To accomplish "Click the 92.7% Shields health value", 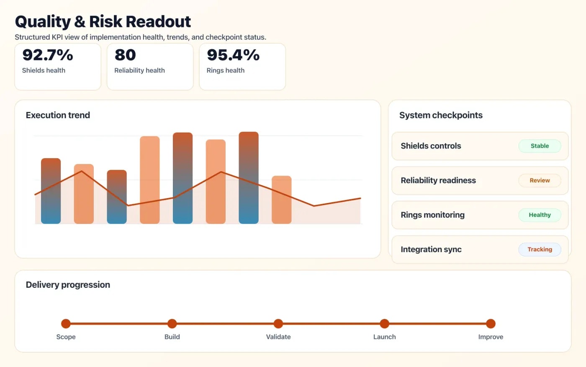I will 48,55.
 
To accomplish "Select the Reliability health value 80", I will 125,55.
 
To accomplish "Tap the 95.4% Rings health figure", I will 233,55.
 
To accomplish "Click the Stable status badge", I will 540,146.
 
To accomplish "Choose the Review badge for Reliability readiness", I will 540,180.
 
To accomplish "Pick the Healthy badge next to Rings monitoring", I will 540,215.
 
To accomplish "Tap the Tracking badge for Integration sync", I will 540,249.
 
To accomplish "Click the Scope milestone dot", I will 66,323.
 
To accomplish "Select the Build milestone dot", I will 172,323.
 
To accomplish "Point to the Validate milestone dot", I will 278,323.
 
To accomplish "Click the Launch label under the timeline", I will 384,337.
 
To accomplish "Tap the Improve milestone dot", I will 491,323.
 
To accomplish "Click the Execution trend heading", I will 58,115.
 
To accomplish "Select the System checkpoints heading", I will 441,115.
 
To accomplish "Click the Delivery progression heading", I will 68,285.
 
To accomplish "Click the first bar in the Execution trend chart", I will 51,191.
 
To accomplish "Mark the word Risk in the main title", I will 105,21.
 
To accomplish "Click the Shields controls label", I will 431,146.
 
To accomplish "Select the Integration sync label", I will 431,250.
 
